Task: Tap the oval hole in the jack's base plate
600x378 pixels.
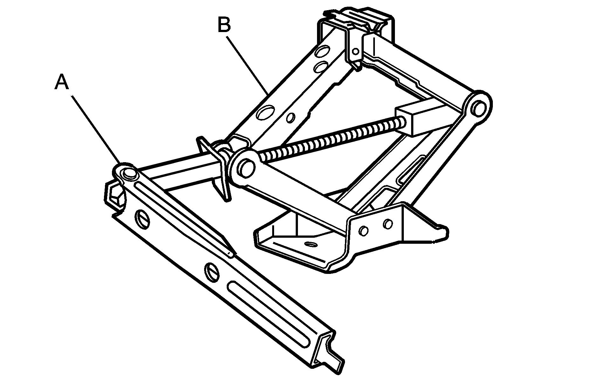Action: pos(310,244)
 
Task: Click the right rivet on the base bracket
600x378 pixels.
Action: pos(388,224)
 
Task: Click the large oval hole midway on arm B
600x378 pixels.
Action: pos(266,112)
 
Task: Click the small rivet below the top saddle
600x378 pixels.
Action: pos(356,51)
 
